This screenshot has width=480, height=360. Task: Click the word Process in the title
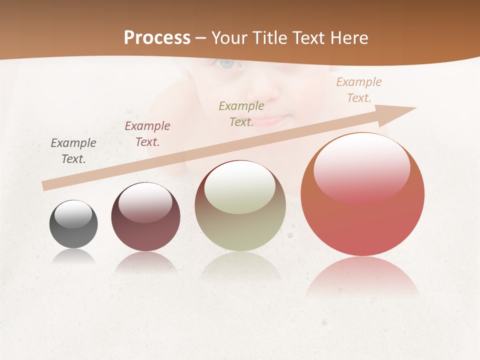(x=157, y=37)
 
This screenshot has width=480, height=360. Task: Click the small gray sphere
(x=73, y=224)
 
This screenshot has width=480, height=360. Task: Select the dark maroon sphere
(x=145, y=216)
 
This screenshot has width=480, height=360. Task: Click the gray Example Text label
(x=73, y=151)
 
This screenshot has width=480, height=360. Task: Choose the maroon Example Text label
(x=147, y=134)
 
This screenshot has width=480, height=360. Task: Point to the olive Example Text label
(x=241, y=113)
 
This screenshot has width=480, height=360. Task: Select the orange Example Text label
(x=358, y=90)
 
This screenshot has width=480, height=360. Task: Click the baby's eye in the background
(x=227, y=63)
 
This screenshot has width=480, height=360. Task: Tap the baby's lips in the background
(x=271, y=120)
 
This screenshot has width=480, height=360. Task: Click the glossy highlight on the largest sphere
(x=361, y=167)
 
